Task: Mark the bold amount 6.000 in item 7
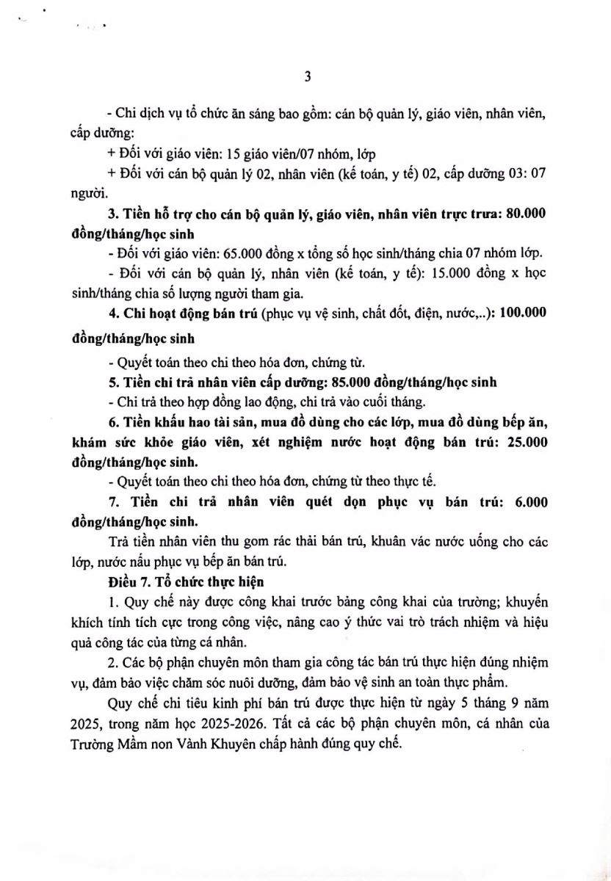point(529,504)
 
